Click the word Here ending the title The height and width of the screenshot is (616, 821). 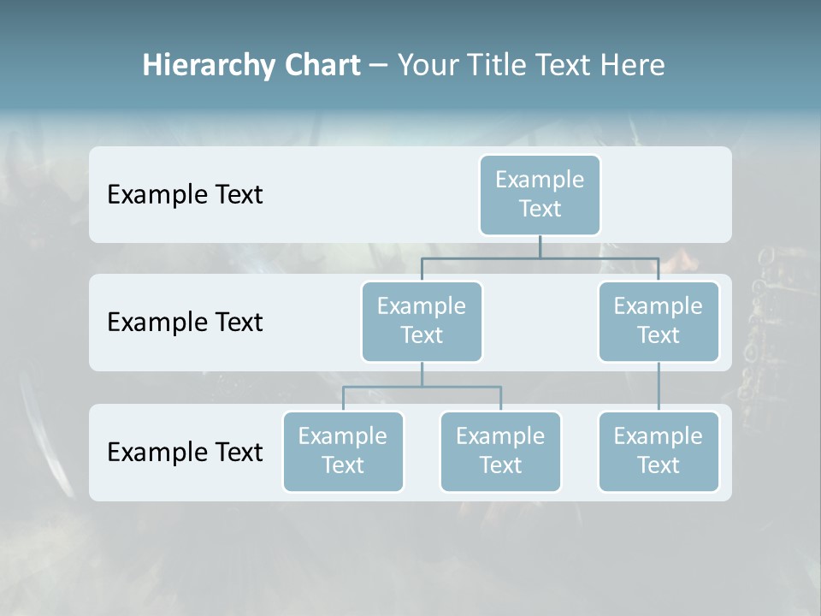[x=633, y=65]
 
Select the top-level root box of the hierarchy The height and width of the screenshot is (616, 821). [x=540, y=195]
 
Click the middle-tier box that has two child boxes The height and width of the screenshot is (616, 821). [x=422, y=322]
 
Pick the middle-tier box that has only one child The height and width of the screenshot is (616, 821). [x=659, y=322]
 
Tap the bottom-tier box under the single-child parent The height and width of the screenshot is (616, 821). [x=659, y=452]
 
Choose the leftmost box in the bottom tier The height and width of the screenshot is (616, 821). [x=343, y=452]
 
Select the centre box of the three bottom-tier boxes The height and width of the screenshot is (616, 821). [x=500, y=452]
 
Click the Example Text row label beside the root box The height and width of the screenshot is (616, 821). [x=185, y=195]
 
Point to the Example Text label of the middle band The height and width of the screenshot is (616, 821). [x=185, y=322]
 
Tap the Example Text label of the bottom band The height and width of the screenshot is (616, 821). [x=185, y=452]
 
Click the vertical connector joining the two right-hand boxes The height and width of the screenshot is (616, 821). [x=659, y=387]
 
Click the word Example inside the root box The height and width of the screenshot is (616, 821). [x=540, y=180]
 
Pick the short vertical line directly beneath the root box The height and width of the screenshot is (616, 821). [x=540, y=247]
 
